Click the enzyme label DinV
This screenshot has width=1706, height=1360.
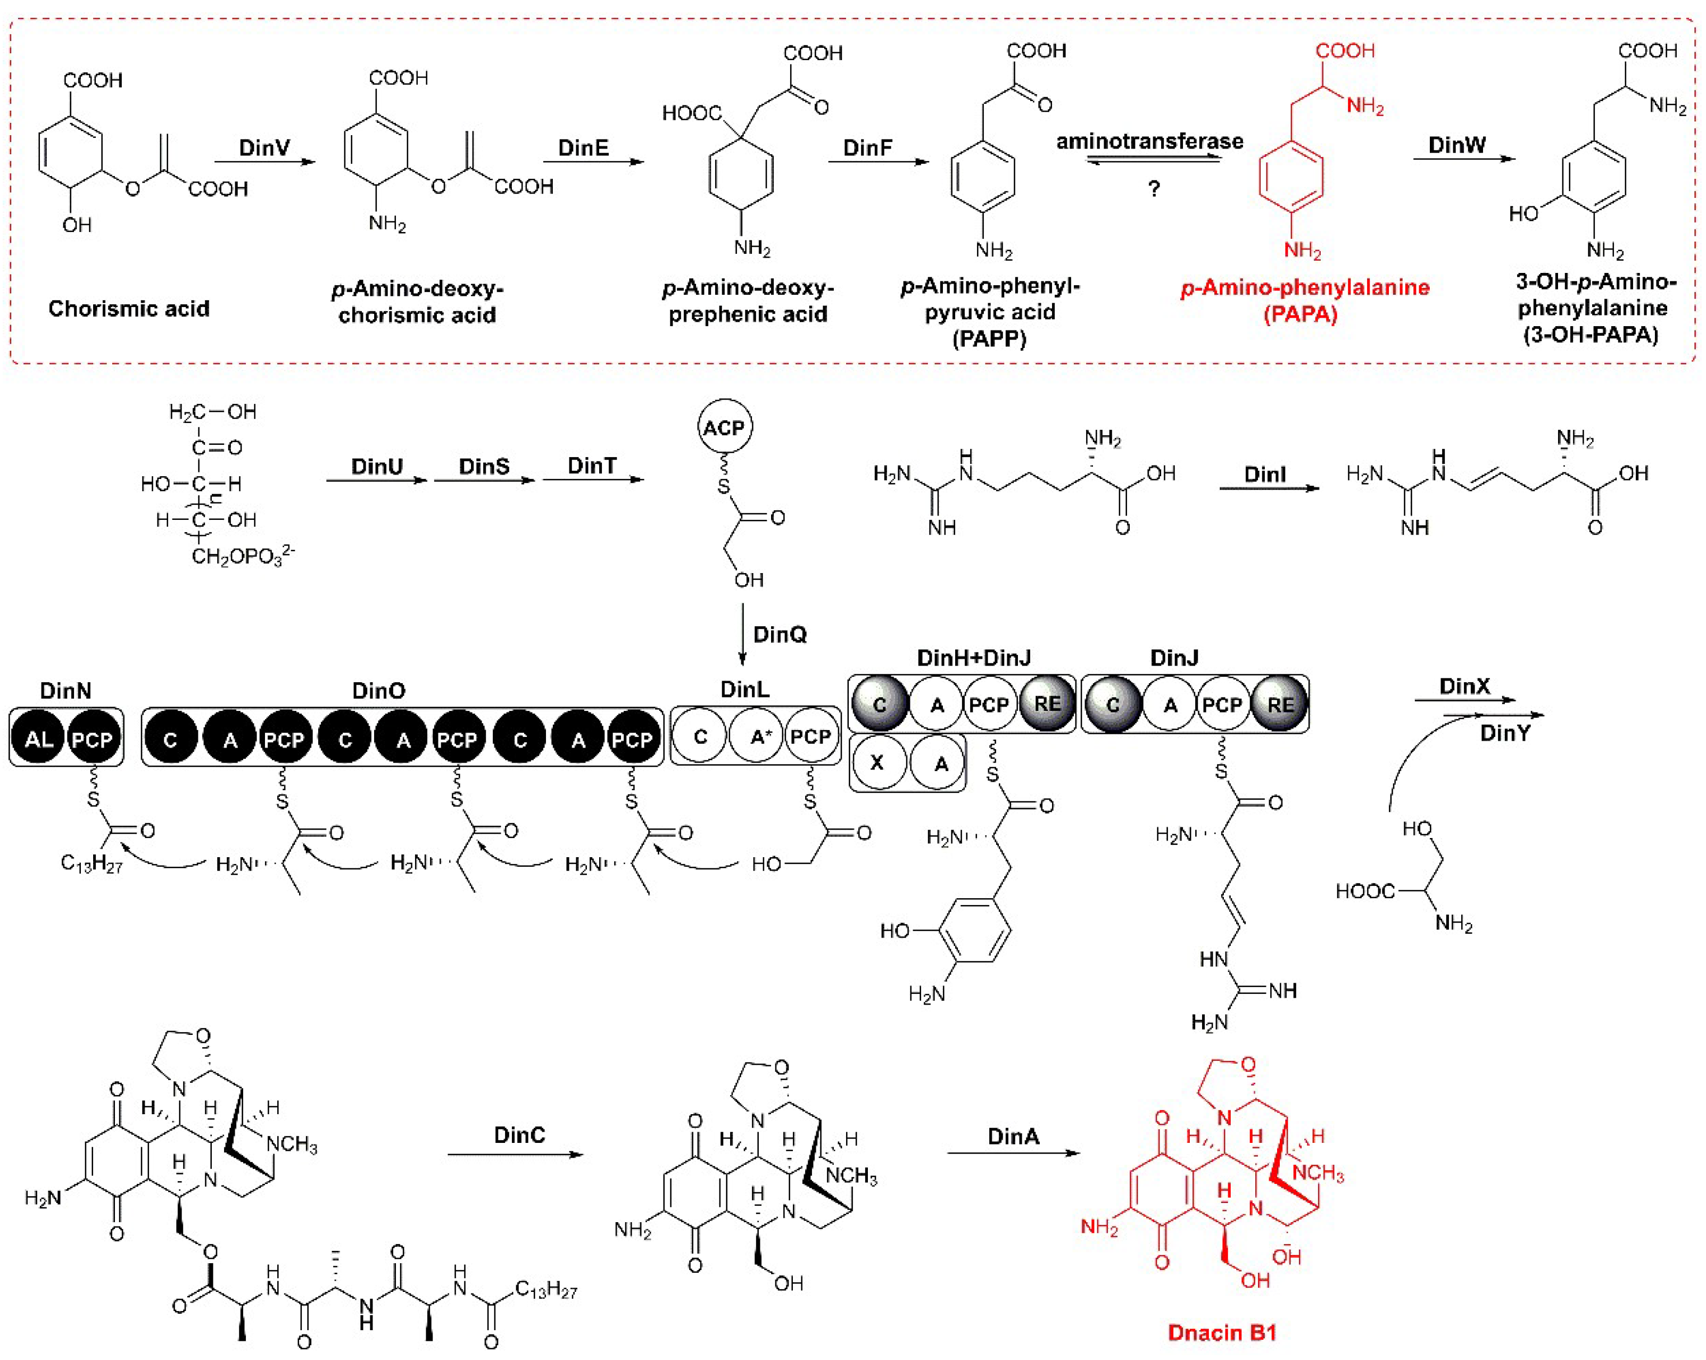(264, 148)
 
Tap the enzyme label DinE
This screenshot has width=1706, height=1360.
(583, 148)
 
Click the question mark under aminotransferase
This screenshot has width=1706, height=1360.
(1154, 189)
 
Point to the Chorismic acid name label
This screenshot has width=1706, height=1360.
(129, 309)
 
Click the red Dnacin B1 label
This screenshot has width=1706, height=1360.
(1222, 1333)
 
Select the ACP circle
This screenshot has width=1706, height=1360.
(724, 428)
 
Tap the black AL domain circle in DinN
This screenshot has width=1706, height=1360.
(39, 740)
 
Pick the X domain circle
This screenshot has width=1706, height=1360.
(877, 762)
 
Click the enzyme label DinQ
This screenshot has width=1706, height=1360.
(780, 635)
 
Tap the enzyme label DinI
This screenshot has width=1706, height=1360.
(1264, 475)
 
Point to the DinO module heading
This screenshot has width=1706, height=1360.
(378, 691)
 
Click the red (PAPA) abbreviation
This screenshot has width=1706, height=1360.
(1300, 314)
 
